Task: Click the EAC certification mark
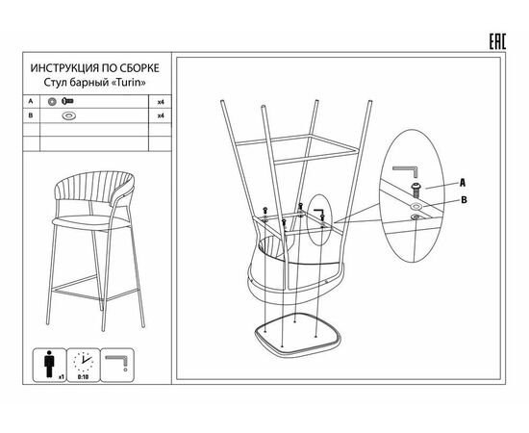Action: point(497,41)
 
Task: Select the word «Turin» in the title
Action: point(128,83)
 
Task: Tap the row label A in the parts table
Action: point(31,101)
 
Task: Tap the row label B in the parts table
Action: point(31,115)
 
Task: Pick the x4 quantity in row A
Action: point(161,102)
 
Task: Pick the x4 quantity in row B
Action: point(161,115)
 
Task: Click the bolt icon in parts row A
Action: point(68,101)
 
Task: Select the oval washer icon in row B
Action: point(69,115)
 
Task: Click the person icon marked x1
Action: point(49,364)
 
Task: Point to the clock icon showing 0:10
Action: point(83,362)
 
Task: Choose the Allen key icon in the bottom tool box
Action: point(116,362)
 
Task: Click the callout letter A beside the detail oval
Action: point(463,183)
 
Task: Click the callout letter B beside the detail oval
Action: point(464,200)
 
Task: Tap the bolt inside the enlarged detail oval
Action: point(416,191)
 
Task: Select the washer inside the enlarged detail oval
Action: point(416,206)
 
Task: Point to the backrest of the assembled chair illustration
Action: point(94,189)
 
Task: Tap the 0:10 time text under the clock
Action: point(83,377)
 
